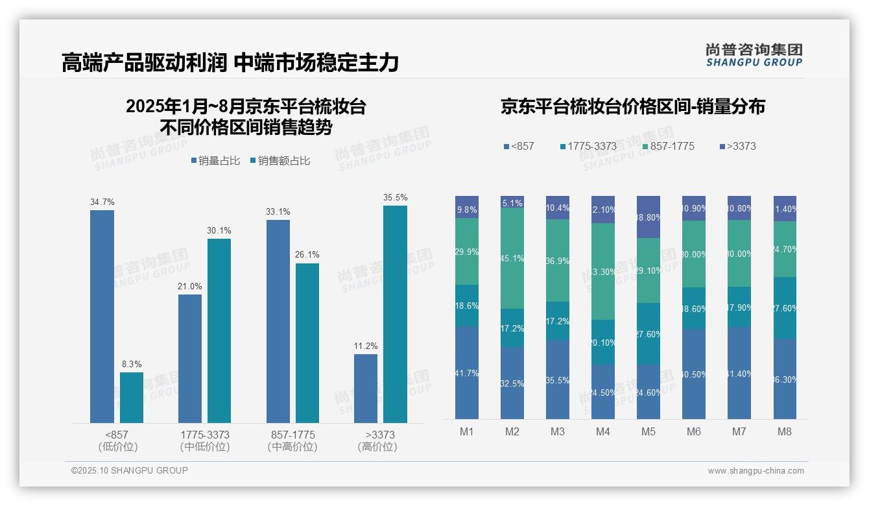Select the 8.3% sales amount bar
click(x=132, y=398)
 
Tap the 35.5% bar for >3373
click(x=395, y=315)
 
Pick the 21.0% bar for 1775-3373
click(x=190, y=359)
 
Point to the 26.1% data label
click(x=307, y=255)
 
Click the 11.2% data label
click(x=366, y=346)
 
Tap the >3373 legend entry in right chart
click(x=737, y=147)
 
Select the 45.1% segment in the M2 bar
click(x=512, y=258)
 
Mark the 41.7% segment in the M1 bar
click(x=467, y=373)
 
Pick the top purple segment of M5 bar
click(x=648, y=217)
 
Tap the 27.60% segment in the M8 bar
click(x=785, y=308)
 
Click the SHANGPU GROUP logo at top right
click(x=754, y=55)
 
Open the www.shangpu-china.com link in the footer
click(x=756, y=471)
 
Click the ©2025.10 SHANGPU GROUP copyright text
click(x=130, y=471)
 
